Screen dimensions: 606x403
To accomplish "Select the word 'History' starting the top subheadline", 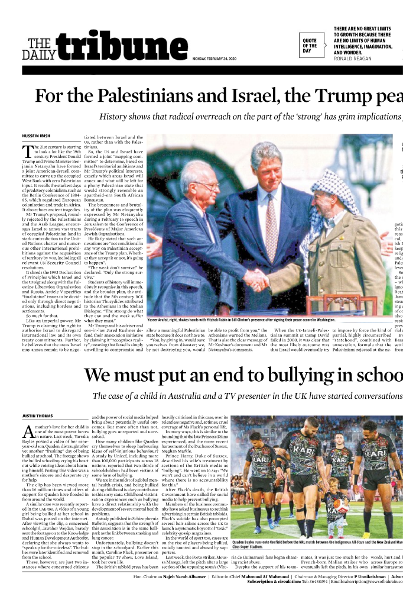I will [x=117, y=117].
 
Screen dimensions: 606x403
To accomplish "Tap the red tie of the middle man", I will [x=271, y=222].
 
